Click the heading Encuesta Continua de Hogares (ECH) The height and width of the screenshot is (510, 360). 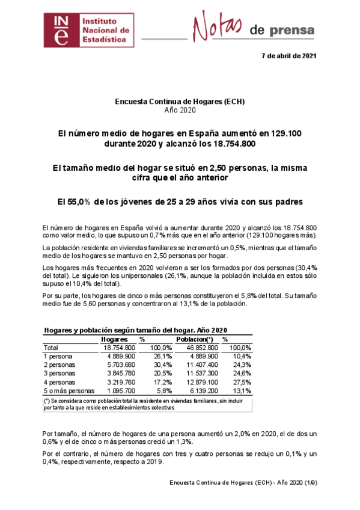(180, 102)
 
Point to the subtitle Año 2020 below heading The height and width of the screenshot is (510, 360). (180, 110)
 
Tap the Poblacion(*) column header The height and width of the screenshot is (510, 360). (194, 339)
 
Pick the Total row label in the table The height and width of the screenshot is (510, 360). (52, 348)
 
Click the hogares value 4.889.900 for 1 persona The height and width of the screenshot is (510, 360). (119, 356)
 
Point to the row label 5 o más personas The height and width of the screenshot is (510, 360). (69, 390)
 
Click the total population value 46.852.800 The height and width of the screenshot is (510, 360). (194, 348)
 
